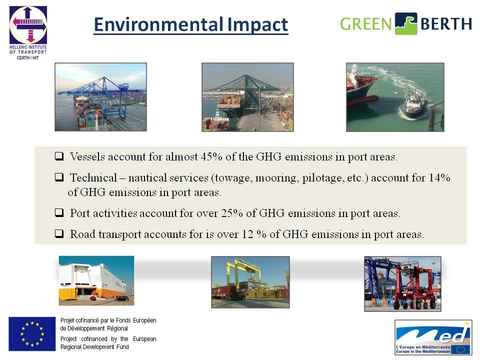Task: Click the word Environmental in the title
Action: click(x=158, y=24)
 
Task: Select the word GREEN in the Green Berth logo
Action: click(x=365, y=24)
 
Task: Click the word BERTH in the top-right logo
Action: click(x=446, y=24)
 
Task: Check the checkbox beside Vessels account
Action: click(x=59, y=156)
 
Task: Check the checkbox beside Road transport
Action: click(x=59, y=233)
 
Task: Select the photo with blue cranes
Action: click(x=100, y=97)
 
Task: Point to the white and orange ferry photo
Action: click(x=96, y=280)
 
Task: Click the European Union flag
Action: click(x=32, y=334)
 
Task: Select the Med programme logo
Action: click(x=433, y=337)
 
